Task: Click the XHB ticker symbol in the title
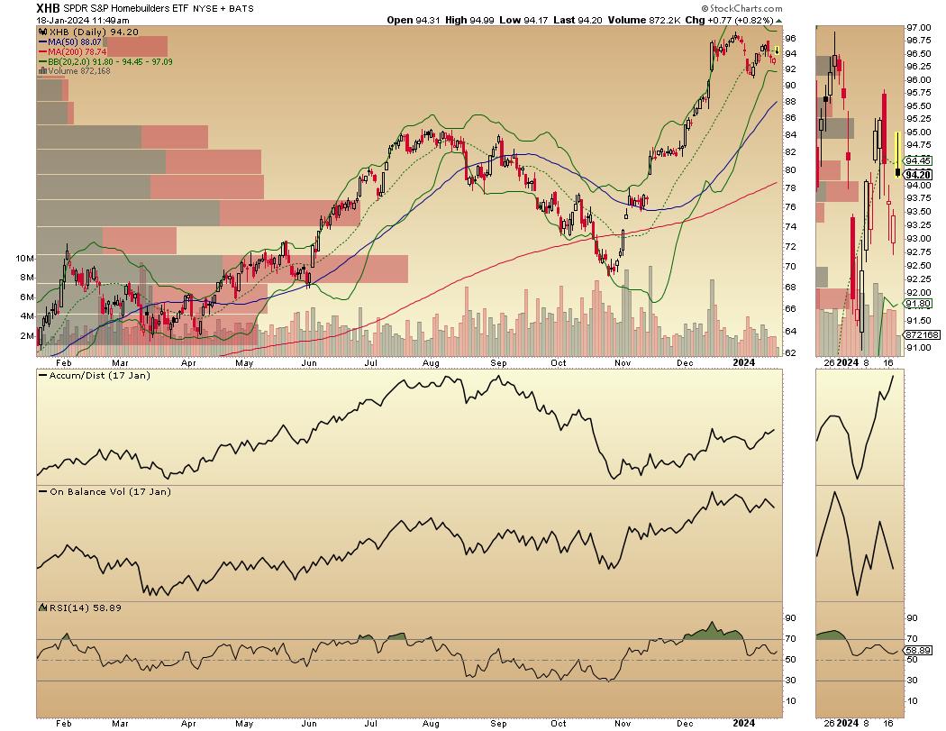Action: pos(48,8)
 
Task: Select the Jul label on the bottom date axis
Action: pos(371,722)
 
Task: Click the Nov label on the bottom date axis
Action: pos(623,722)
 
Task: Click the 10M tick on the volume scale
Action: pos(26,258)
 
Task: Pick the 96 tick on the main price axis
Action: pos(789,39)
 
